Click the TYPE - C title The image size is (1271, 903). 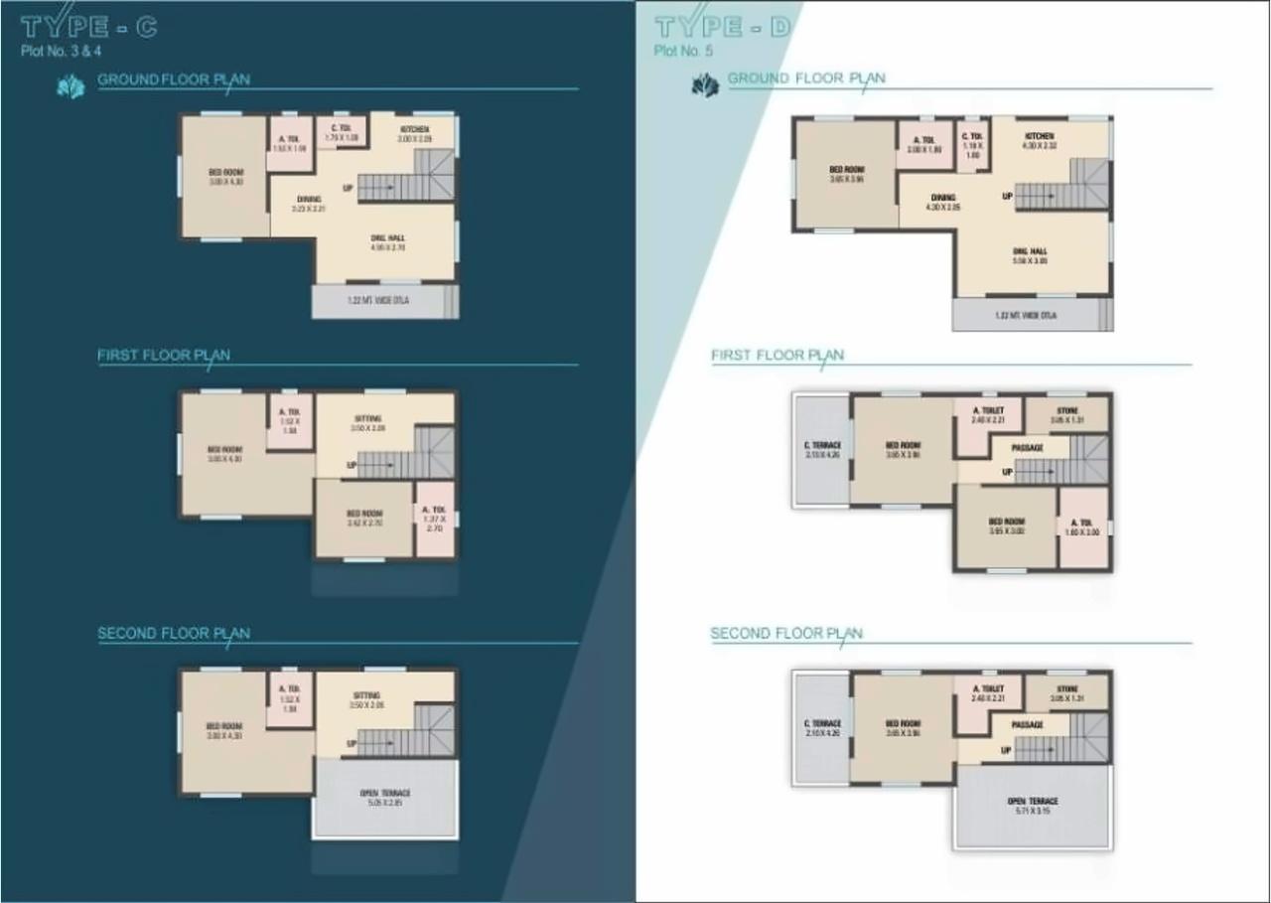[88, 27]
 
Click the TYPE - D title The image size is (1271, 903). [723, 27]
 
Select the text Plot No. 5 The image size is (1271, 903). [683, 51]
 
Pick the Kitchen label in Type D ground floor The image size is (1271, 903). [1039, 136]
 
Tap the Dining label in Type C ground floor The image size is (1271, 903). [308, 199]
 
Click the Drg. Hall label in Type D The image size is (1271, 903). [1029, 251]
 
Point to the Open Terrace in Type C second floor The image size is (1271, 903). [385, 794]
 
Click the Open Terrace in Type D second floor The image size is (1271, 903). [1033, 802]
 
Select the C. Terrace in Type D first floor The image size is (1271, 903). [822, 445]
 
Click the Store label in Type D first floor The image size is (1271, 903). [1067, 409]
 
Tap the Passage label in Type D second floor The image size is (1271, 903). [1028, 725]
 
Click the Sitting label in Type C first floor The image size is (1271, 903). [366, 419]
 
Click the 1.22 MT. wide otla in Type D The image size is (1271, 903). [1026, 316]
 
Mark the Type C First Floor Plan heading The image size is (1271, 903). [164, 355]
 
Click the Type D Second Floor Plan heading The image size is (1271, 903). [786, 633]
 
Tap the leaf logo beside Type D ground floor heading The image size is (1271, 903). [704, 86]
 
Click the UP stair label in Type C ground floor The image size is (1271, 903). [348, 188]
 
